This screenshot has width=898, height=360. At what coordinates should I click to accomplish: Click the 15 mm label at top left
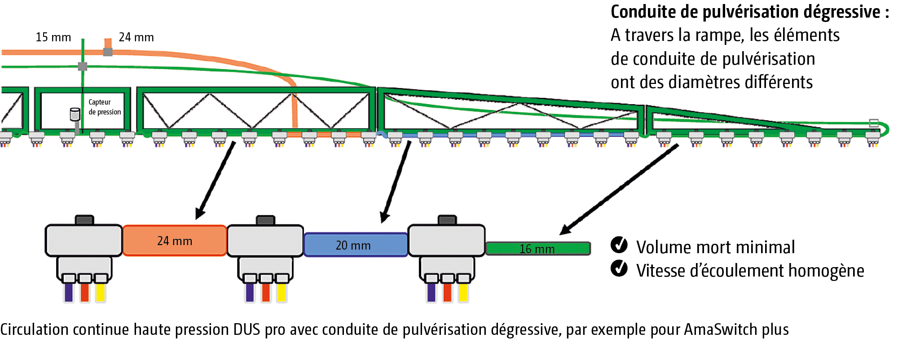click(x=53, y=37)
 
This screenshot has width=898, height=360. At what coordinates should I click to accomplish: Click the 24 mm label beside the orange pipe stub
click(x=136, y=37)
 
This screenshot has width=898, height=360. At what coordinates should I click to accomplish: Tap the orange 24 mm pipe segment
click(x=174, y=241)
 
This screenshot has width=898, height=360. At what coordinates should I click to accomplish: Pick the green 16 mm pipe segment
click(x=537, y=248)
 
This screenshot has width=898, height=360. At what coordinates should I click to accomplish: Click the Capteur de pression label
click(x=105, y=107)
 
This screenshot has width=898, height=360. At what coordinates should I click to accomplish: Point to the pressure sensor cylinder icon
click(x=75, y=114)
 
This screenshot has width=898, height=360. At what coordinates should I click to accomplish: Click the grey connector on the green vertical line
click(x=83, y=66)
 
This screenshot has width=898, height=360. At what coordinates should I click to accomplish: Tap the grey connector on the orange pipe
click(x=108, y=52)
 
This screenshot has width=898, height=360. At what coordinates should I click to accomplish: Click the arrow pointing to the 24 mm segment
click(x=216, y=180)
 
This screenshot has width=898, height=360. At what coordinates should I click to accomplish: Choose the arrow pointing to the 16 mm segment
click(x=620, y=189)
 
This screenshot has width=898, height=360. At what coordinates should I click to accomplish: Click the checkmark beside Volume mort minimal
click(x=619, y=245)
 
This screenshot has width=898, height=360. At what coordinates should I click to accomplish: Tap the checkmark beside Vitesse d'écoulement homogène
click(x=619, y=268)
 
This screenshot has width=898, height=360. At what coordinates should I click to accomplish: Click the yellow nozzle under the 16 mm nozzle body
click(x=463, y=292)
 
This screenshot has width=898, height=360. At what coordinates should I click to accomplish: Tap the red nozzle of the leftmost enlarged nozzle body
click(x=84, y=292)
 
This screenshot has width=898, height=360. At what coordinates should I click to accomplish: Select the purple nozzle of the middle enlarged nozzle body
click(x=250, y=292)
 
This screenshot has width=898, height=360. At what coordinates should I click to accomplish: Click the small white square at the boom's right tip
click(x=874, y=123)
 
